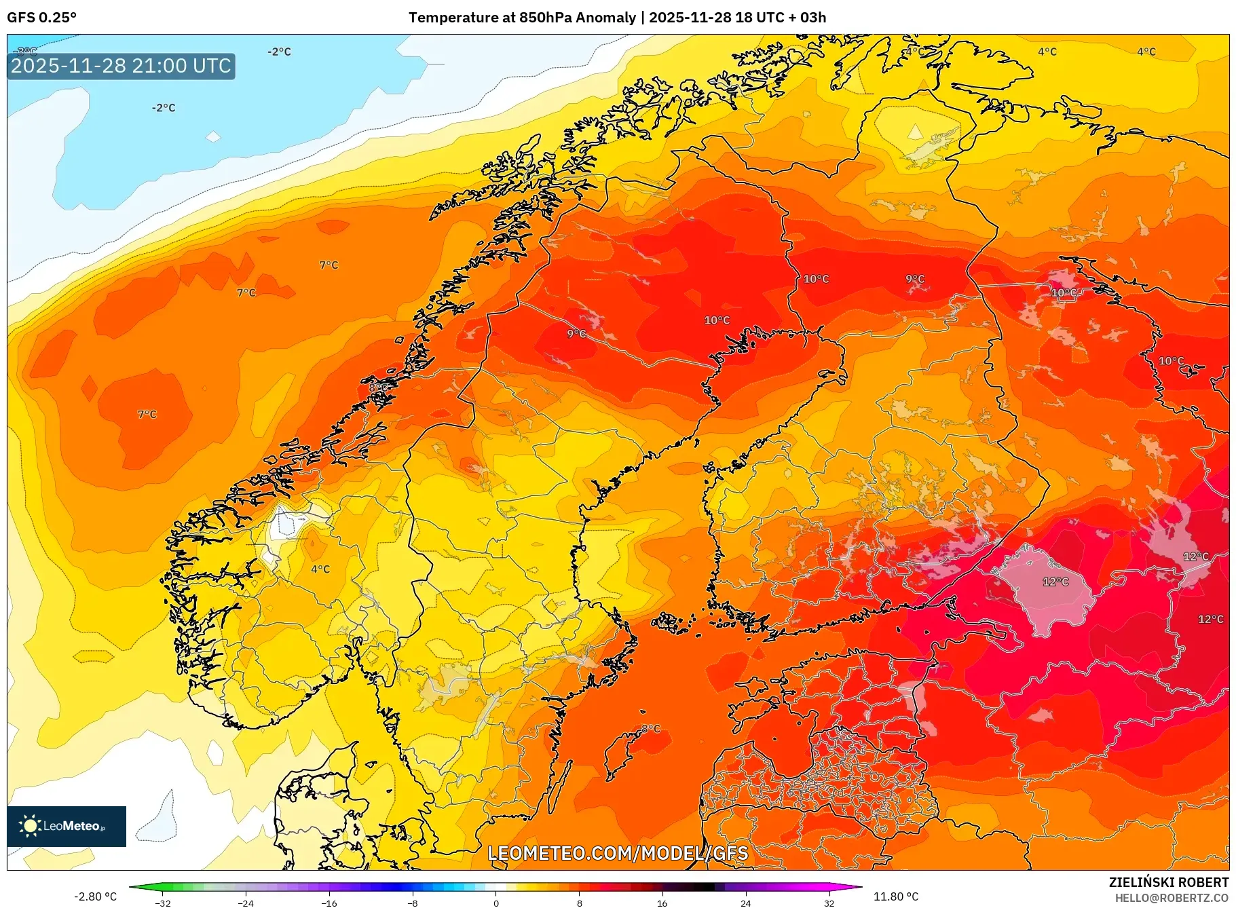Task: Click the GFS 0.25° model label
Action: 41,18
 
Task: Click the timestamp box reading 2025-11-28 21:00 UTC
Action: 121,66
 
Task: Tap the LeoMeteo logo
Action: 67,826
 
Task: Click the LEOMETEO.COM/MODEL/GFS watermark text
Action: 618,853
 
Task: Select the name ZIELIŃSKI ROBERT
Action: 1168,882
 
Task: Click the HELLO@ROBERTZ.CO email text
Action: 1171,898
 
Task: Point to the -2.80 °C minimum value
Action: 95,896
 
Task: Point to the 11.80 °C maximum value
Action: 895,896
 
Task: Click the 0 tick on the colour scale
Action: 495,903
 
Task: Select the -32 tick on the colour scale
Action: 162,903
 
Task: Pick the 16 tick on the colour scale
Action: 662,903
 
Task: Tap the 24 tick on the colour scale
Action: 745,903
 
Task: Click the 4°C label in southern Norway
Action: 320,569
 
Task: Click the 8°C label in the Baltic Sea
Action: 650,728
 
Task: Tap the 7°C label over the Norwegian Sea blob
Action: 147,414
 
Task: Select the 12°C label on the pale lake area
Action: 1055,582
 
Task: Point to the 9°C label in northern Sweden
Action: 576,333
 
